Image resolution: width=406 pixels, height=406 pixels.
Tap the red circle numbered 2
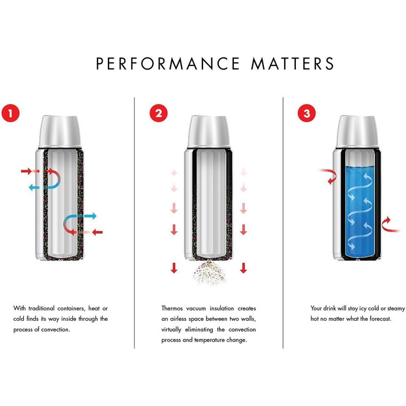click(x=157, y=113)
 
